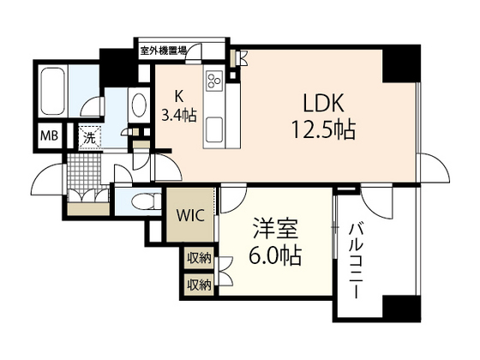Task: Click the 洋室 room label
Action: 273,230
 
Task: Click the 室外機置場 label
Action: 165,51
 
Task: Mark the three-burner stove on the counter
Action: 213,83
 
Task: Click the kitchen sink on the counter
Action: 213,131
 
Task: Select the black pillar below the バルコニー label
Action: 400,309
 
